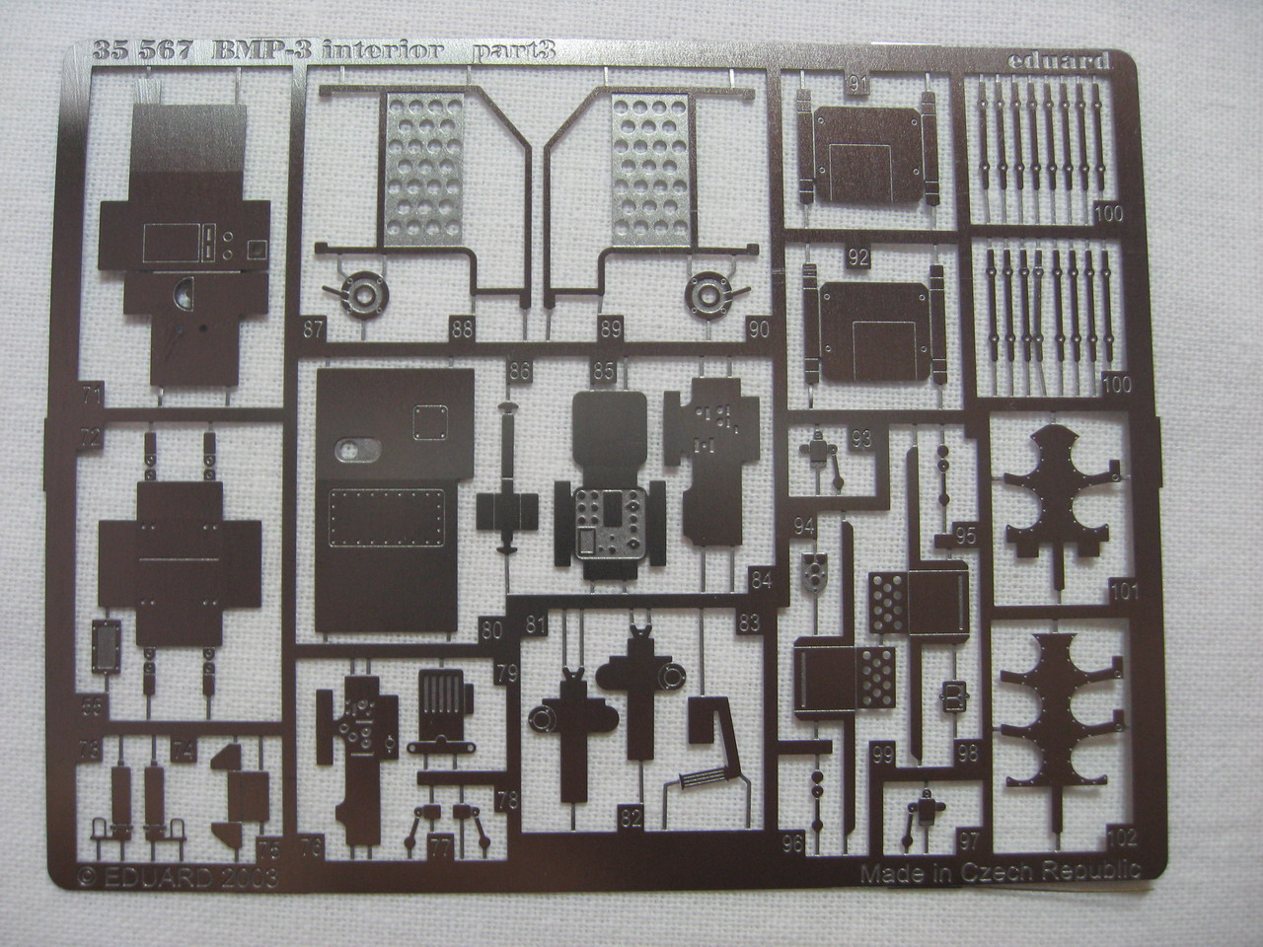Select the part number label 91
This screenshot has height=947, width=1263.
(x=857, y=85)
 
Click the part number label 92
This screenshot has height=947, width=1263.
(x=857, y=258)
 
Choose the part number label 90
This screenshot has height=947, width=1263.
(x=760, y=329)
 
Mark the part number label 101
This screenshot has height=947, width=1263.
(x=1123, y=593)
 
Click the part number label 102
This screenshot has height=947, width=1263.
(x=1122, y=838)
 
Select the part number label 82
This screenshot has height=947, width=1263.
(x=631, y=816)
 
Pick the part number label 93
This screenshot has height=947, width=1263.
(x=861, y=439)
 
